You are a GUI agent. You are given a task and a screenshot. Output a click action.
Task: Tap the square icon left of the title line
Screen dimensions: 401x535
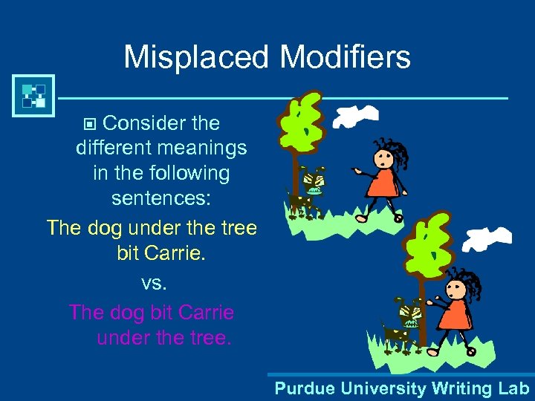[x=33, y=96]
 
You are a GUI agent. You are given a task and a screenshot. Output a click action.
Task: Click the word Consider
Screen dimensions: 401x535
[x=141, y=123]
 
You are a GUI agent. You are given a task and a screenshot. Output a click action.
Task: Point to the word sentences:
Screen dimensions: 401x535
[x=161, y=198]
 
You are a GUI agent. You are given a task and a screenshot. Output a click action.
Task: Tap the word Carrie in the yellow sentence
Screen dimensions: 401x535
[x=175, y=253]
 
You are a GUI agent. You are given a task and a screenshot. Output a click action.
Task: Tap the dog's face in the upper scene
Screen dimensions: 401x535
[x=314, y=181]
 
